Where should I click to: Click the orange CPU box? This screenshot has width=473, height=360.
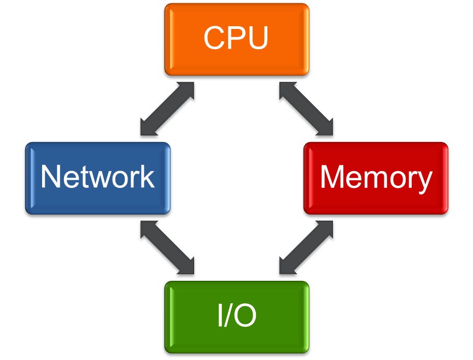[236, 39]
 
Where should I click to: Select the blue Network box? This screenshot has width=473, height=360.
[97, 178]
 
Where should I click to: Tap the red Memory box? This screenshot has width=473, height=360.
[376, 178]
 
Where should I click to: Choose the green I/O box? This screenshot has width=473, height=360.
[236, 317]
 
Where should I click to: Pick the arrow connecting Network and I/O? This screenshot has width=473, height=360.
[167, 247]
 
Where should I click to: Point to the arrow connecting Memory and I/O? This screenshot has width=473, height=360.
[306, 247]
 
